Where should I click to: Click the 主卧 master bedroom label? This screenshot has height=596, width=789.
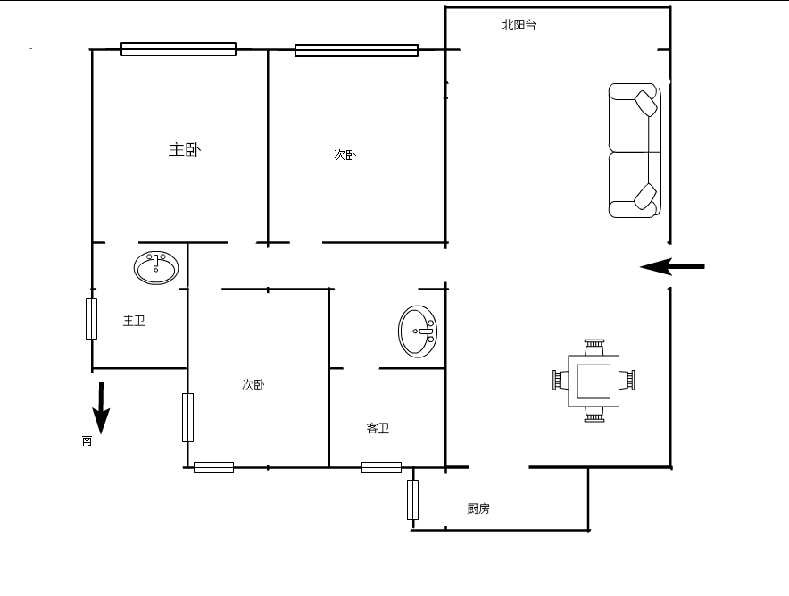click(x=185, y=149)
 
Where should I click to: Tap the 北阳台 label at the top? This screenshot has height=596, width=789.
click(x=519, y=25)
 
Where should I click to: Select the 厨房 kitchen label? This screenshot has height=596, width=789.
click(x=478, y=508)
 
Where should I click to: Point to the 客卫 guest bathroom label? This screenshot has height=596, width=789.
click(x=378, y=428)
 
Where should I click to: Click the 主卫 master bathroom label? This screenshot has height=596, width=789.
click(x=134, y=321)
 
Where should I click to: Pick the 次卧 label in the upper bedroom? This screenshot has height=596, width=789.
click(x=345, y=155)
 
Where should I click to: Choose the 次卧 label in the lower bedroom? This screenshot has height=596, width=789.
click(x=253, y=385)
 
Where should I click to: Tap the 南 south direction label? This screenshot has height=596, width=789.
click(x=87, y=441)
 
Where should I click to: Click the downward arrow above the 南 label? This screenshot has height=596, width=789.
click(x=101, y=407)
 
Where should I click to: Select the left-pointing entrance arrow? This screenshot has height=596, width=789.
click(x=672, y=266)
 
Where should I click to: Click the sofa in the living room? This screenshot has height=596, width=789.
click(x=635, y=151)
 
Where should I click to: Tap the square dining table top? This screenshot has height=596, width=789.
click(x=594, y=381)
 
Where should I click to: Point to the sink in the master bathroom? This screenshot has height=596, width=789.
click(x=156, y=267)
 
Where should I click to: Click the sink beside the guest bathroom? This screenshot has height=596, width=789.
click(x=418, y=332)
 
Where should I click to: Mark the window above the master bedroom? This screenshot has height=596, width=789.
click(x=179, y=49)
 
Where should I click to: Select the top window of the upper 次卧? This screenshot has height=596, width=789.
click(x=356, y=50)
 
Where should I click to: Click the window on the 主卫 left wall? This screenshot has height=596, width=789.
click(x=92, y=319)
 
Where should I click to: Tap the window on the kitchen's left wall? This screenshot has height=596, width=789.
click(x=412, y=499)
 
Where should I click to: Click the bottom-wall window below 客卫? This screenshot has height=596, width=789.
click(x=381, y=467)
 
